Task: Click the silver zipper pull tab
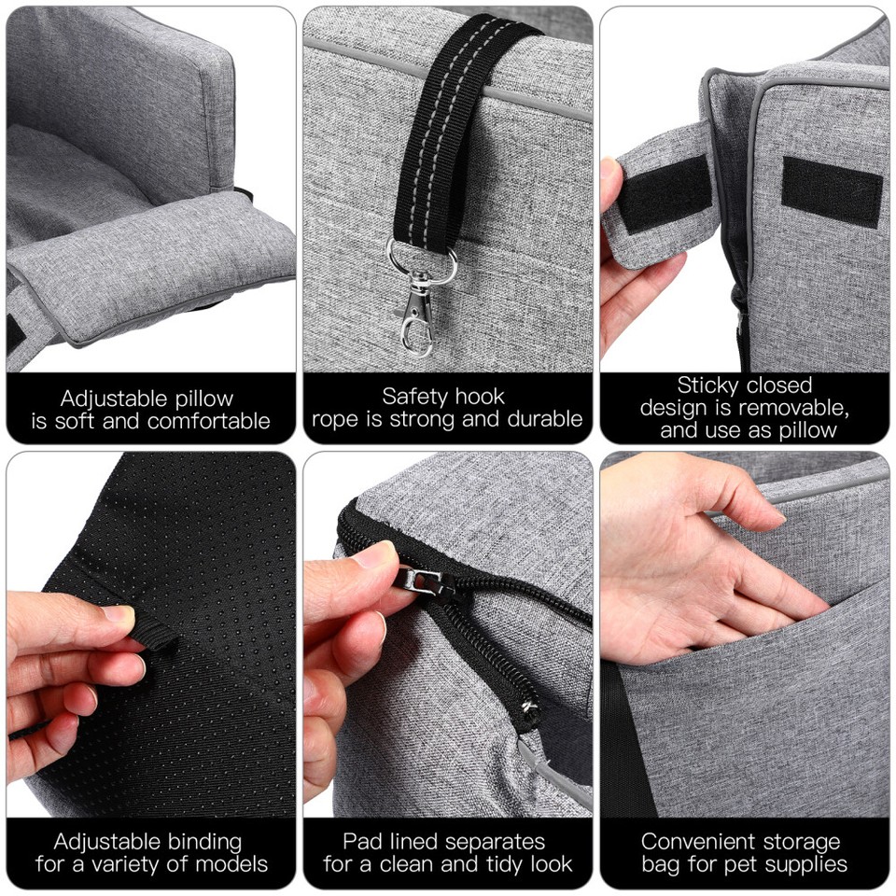click(424, 579)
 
